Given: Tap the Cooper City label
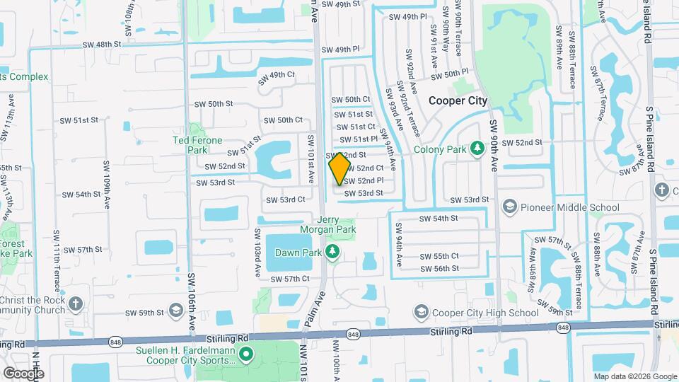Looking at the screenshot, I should (x=458, y=100).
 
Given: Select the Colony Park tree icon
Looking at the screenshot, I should (x=477, y=148).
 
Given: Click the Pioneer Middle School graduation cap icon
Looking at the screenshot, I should (x=509, y=207).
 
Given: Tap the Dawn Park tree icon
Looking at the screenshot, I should (x=330, y=252).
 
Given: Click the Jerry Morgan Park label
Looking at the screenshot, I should (x=334, y=226).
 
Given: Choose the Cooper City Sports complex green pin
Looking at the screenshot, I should (x=245, y=354).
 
